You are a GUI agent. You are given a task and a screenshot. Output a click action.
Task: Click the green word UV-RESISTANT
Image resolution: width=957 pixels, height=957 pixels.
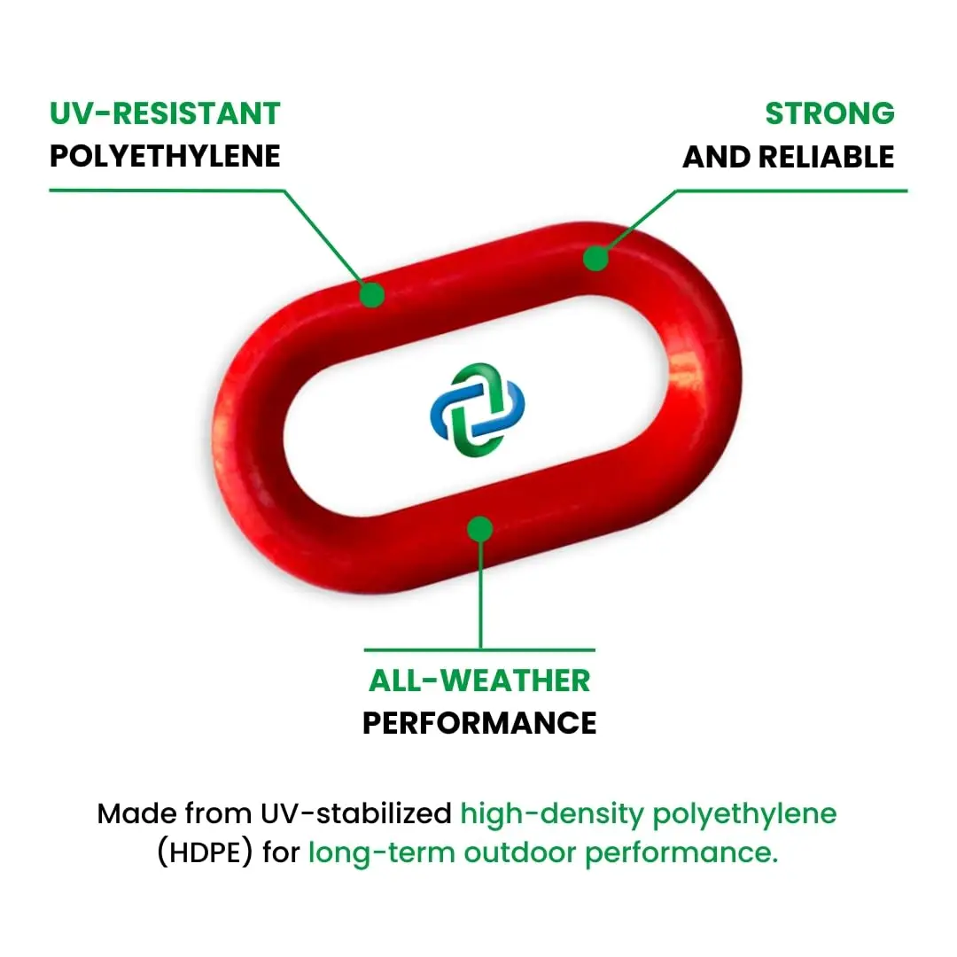(165, 113)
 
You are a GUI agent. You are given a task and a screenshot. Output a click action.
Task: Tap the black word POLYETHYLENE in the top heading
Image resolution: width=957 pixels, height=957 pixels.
(165, 157)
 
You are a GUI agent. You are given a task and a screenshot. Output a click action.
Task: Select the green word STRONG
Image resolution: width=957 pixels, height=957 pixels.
(829, 113)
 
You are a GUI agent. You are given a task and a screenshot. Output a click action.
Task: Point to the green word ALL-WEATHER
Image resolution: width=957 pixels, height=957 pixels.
(479, 681)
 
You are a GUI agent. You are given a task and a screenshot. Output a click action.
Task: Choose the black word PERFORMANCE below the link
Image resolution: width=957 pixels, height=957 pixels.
(479, 723)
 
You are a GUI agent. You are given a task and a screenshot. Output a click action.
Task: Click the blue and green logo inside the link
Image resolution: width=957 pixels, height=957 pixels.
(478, 409)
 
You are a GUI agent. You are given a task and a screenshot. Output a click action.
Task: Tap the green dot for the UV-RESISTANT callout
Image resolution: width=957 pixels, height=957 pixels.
(373, 294)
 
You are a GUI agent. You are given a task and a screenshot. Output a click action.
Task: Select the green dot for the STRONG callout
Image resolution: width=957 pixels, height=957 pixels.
(595, 259)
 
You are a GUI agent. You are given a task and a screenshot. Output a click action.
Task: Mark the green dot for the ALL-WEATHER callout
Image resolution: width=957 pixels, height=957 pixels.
(479, 529)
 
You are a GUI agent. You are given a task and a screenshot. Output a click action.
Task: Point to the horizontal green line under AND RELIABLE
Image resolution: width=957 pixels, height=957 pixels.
(797, 190)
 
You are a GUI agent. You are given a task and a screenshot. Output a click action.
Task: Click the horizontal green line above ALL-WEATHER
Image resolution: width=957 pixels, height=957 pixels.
(479, 650)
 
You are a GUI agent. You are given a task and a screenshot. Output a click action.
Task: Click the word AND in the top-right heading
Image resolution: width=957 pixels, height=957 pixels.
(716, 157)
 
